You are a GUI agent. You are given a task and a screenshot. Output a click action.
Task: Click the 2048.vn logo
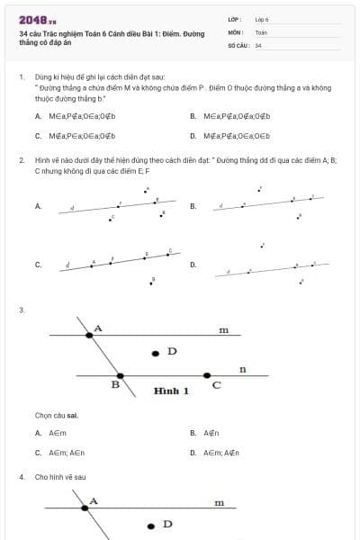click(37, 19)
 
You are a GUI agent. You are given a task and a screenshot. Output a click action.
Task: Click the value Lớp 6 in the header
click(262, 18)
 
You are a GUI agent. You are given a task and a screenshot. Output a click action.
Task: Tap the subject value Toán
click(261, 31)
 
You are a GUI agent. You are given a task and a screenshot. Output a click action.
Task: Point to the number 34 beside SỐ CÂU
click(258, 45)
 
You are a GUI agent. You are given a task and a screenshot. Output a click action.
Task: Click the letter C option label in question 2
click(38, 265)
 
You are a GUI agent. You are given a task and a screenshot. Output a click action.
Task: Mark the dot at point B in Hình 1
click(120, 375)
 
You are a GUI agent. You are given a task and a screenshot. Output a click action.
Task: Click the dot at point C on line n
click(207, 374)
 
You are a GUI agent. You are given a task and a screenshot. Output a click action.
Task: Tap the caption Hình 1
click(171, 391)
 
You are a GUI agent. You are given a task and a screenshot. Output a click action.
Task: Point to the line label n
click(242, 369)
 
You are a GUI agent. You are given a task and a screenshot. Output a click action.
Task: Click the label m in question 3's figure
click(223, 330)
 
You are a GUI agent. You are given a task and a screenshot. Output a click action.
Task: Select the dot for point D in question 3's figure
click(157, 353)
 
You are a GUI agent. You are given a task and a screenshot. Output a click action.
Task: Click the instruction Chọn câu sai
click(56, 416)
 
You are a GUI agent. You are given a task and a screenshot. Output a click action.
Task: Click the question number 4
click(21, 477)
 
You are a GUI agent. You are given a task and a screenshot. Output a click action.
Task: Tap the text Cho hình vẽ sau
click(60, 477)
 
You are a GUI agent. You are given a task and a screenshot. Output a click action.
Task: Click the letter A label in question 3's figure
click(98, 328)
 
